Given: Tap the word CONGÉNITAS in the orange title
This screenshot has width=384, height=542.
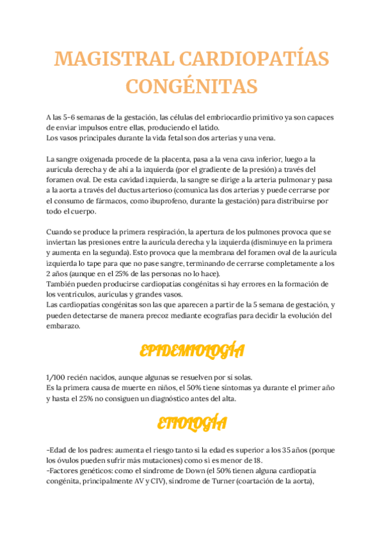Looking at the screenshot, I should (x=191, y=86).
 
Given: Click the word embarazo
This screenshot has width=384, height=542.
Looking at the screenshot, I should (x=63, y=325).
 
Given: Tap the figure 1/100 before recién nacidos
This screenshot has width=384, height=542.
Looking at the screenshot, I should (x=57, y=377).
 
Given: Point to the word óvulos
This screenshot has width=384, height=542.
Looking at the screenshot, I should (x=68, y=460).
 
